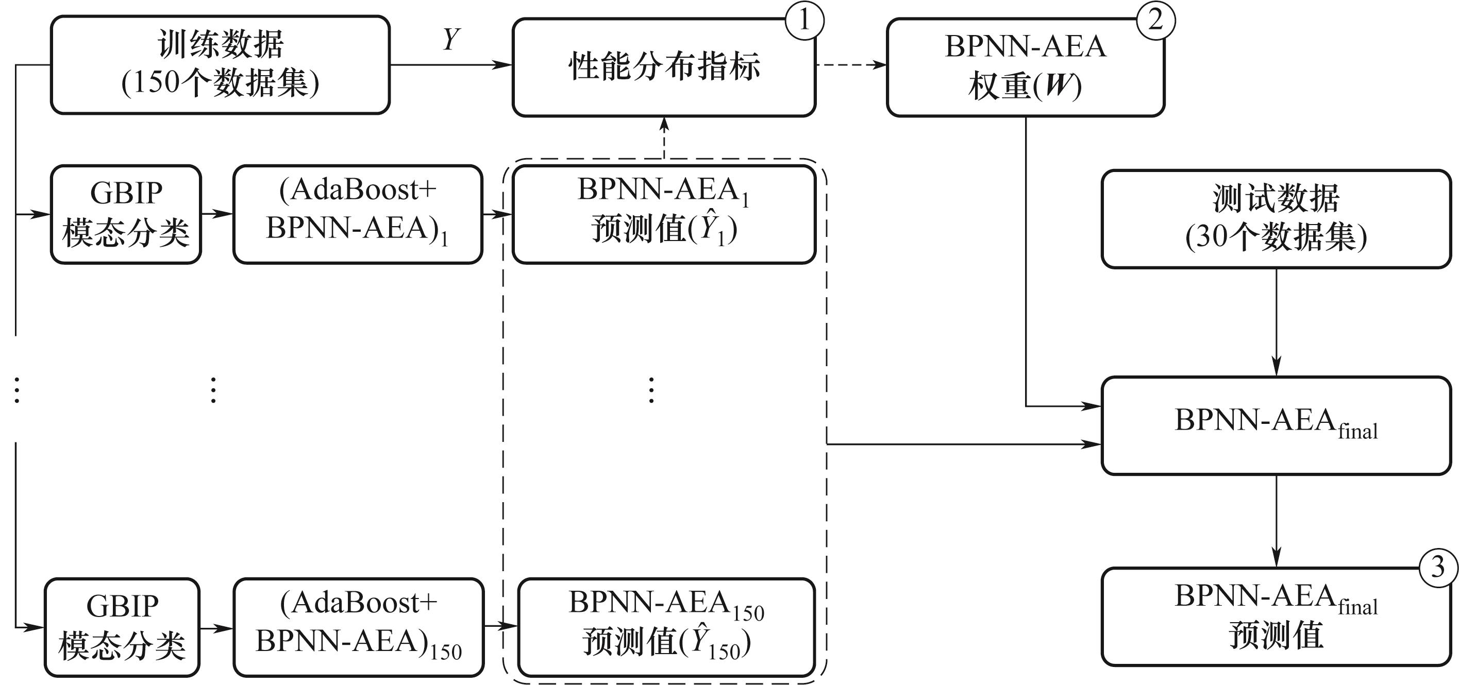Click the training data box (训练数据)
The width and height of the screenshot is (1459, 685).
(221, 64)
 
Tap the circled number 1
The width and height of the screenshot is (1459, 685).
(804, 21)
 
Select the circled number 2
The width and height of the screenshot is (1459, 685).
(1155, 21)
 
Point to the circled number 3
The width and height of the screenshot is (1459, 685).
(1437, 568)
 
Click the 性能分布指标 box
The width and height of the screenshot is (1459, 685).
(663, 67)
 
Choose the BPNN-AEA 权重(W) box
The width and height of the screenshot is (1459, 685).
(1025, 67)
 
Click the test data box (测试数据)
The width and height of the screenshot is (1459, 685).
(1276, 218)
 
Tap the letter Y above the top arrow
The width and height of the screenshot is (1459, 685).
(451, 39)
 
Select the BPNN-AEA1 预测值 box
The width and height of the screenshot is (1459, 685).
(663, 214)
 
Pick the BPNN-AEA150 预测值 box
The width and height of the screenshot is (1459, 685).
(666, 627)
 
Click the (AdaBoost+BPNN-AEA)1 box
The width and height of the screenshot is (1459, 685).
(357, 214)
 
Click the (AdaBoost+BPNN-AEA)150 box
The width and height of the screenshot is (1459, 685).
(359, 627)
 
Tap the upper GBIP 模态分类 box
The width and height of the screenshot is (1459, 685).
(126, 214)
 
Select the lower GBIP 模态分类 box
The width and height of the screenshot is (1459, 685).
(122, 627)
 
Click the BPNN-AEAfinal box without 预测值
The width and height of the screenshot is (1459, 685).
(1276, 425)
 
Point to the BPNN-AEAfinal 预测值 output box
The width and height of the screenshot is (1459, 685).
(1276, 616)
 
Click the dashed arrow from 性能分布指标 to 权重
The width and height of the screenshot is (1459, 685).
(851, 64)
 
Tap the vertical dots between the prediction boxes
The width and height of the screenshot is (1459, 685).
(651, 389)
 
